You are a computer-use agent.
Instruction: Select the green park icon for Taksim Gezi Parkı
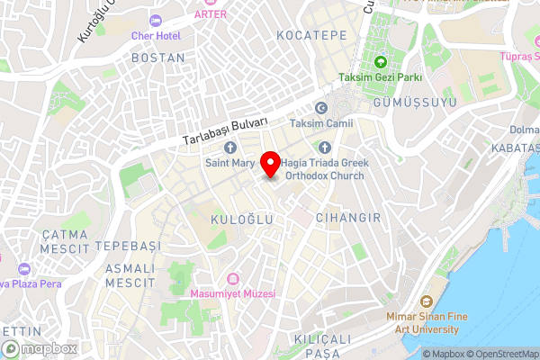coord(380,62)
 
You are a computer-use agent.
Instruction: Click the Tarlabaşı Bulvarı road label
coord(225,131)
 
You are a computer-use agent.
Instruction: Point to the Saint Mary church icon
coord(230,147)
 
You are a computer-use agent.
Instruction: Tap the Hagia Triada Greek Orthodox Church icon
coord(325,147)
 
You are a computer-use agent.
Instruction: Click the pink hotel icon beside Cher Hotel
coord(157,20)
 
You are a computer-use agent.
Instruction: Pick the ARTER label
coord(210,14)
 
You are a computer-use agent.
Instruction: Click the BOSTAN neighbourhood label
coord(157,58)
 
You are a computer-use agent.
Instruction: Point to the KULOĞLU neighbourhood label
coord(235,220)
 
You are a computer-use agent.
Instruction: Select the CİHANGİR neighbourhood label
coord(348,218)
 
